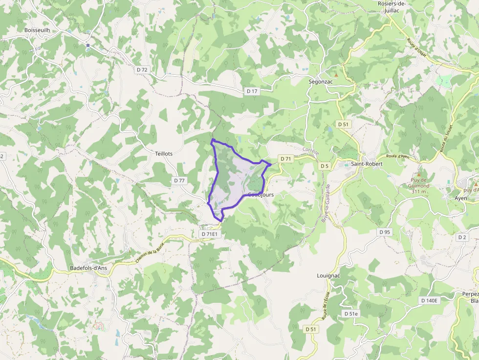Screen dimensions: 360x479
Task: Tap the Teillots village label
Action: pyautogui.click(x=163, y=153)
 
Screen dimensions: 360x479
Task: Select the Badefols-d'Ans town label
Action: pyautogui.click(x=88, y=268)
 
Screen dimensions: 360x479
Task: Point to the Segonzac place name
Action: pyautogui.click(x=321, y=82)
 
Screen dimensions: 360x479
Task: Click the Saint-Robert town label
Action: pyautogui.click(x=367, y=164)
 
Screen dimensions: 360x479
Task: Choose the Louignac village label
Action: pyautogui.click(x=328, y=275)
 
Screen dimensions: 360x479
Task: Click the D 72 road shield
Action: pyautogui.click(x=142, y=70)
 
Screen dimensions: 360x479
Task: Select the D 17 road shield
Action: pyautogui.click(x=252, y=91)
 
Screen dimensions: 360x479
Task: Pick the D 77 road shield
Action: pyautogui.click(x=179, y=180)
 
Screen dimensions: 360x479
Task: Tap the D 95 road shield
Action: pyautogui.click(x=385, y=232)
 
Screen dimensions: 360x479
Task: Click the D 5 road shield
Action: pyautogui.click(x=324, y=166)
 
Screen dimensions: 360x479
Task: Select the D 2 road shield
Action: pyautogui.click(x=461, y=237)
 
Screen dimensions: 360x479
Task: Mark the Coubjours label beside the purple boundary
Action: pyautogui.click(x=261, y=194)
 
